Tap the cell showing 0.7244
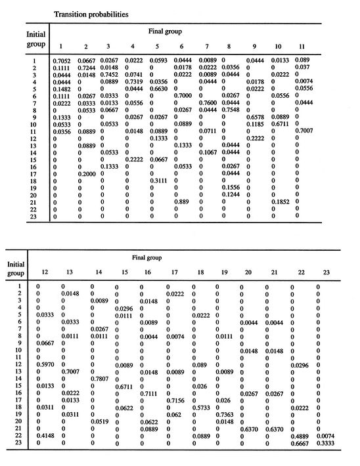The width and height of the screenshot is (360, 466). [86, 68]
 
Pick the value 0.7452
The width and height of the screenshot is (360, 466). [110, 75]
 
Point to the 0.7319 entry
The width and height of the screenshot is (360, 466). [134, 82]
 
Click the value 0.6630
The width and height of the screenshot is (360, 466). [158, 89]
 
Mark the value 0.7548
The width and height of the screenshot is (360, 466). [231, 110]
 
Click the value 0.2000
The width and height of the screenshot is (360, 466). [86, 173]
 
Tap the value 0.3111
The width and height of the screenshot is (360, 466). [158, 180]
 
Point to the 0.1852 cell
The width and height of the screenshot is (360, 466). [282, 201]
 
